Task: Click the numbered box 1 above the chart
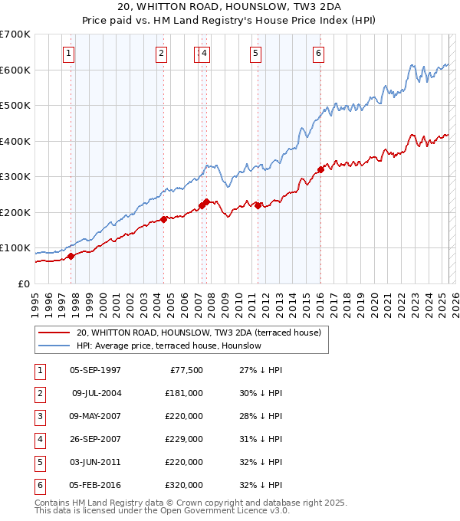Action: (x=69, y=53)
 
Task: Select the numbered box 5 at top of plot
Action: (x=255, y=53)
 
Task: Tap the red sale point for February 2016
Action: (x=320, y=169)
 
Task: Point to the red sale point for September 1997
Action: (x=71, y=256)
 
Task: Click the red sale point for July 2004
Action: (x=164, y=219)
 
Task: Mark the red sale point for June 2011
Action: (x=258, y=205)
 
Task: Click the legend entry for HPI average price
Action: (x=169, y=346)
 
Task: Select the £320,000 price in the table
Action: (x=184, y=485)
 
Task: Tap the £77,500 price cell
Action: (x=186, y=370)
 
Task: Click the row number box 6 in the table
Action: (x=39, y=485)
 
